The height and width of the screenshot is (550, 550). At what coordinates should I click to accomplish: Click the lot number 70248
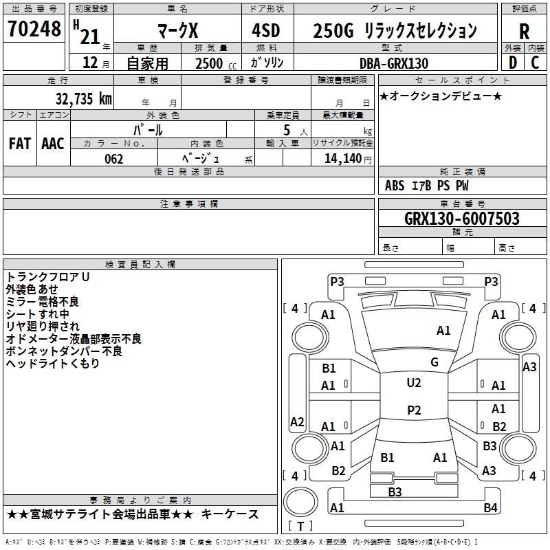[x=34, y=30]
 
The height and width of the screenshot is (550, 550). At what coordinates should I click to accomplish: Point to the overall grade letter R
[x=525, y=32]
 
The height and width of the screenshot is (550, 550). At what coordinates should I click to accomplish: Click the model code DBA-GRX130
[x=394, y=63]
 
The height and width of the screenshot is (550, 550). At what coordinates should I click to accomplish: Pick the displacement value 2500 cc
[x=215, y=63]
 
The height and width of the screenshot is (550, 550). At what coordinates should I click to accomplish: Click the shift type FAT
[x=20, y=144]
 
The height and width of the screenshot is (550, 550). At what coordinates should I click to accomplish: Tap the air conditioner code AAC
[x=53, y=144]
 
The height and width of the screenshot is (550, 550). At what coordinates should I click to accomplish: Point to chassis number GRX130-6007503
[x=462, y=219]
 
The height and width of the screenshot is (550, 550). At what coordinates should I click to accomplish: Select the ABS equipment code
[x=395, y=186]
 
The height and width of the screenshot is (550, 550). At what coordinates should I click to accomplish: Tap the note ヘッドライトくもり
[x=53, y=364]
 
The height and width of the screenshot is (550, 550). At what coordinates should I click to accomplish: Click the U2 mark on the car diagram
[x=413, y=383]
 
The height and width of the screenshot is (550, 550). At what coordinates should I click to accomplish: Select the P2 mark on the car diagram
[x=413, y=410]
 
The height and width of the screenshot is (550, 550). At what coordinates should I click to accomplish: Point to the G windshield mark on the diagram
[x=434, y=362]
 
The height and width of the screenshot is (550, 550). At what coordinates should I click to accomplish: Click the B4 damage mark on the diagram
[x=489, y=508]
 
